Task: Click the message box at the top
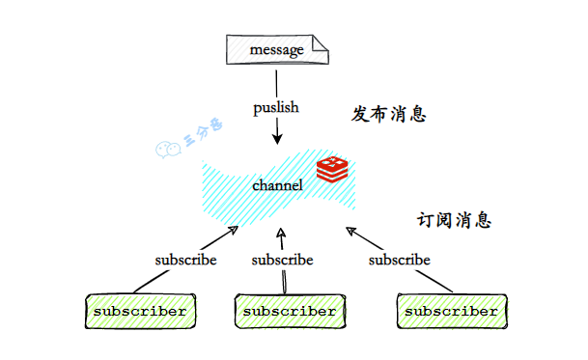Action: pyautogui.click(x=274, y=49)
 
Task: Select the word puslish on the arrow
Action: pyautogui.click(x=276, y=107)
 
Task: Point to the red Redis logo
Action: pyautogui.click(x=332, y=168)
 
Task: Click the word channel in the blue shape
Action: pyautogui.click(x=278, y=184)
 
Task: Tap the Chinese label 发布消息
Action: pyautogui.click(x=388, y=115)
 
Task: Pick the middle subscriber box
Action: pyautogui.click(x=290, y=312)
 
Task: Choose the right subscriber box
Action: pyautogui.click(x=451, y=312)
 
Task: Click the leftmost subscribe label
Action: pyautogui.click(x=185, y=260)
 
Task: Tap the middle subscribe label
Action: pyautogui.click(x=282, y=260)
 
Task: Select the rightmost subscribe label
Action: pyautogui.click(x=400, y=260)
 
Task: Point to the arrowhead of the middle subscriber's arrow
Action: pyautogui.click(x=280, y=233)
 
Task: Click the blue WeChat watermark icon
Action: pyautogui.click(x=167, y=148)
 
